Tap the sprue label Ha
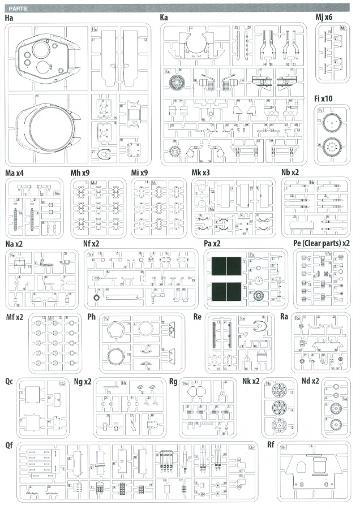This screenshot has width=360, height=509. click(x=9, y=19)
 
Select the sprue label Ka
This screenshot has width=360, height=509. click(x=164, y=19)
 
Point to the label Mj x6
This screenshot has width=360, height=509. click(x=324, y=18)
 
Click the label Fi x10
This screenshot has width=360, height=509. click(x=324, y=98)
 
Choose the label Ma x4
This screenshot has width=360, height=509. click(x=16, y=172)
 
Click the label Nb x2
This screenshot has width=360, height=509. click(x=292, y=172)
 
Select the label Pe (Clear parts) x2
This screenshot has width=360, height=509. click(x=322, y=243)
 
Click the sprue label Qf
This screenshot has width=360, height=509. click(x=9, y=445)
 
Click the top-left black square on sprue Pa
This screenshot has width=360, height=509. click(x=218, y=265)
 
